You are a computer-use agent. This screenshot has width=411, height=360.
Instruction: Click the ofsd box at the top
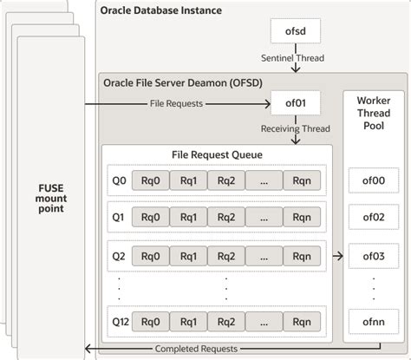296,31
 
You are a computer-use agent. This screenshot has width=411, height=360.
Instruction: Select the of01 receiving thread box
296,103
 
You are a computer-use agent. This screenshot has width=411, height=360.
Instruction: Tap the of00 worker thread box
374,180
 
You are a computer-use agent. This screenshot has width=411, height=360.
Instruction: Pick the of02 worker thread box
374,217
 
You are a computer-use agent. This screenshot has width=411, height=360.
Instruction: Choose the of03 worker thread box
374,256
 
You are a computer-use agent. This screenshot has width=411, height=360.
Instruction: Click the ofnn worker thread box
374,322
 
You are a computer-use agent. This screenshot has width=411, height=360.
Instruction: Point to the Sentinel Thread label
292,58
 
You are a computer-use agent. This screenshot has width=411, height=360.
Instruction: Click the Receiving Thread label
296,128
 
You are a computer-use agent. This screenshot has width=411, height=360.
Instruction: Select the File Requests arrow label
176,103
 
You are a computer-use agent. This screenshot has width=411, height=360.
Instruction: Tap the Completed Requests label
196,349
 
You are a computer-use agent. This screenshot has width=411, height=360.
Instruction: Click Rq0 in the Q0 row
151,180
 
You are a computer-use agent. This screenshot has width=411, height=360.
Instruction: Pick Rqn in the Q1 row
302,217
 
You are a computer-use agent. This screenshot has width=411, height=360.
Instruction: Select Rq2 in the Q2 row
226,256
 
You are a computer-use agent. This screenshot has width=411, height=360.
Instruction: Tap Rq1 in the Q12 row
188,322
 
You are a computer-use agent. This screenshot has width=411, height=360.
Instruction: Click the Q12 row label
121,322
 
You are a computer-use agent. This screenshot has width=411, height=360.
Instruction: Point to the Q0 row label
119,180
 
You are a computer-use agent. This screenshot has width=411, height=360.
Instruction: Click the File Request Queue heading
217,154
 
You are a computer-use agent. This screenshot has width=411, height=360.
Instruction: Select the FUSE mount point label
51,199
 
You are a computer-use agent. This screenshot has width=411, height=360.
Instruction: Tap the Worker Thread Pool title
374,113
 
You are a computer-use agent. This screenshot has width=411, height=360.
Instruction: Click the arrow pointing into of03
338,256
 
